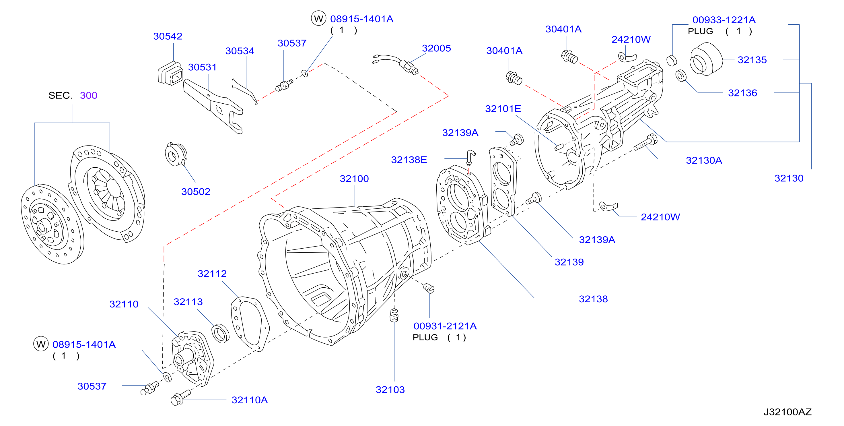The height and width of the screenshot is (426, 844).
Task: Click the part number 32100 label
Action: point(354,179)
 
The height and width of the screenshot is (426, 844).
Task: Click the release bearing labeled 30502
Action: point(176,154)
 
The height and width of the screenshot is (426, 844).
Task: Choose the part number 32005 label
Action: point(436,48)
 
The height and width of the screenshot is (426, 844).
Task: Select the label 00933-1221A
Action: point(724,20)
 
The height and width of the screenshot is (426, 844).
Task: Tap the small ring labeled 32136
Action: point(681,76)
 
